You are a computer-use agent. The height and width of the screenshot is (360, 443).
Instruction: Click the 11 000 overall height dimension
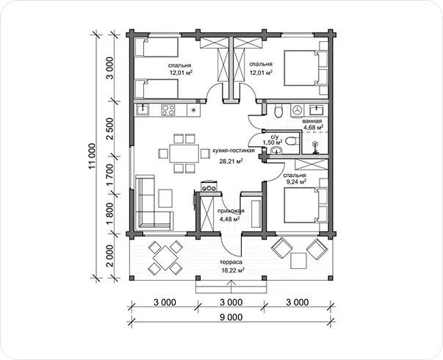[x=93, y=156]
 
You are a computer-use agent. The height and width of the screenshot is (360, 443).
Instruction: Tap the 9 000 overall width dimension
[x=231, y=317]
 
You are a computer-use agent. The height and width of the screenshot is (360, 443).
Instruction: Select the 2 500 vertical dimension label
[x=110, y=129]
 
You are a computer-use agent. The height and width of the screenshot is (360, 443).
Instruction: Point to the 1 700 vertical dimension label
[x=110, y=175]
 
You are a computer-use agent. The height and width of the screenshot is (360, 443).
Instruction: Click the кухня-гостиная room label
[x=234, y=151]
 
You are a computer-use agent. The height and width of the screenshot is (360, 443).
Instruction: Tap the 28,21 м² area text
[x=231, y=162]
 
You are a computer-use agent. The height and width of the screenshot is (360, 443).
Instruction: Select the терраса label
[x=231, y=262]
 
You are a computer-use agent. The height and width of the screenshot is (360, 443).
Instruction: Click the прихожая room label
[x=231, y=211]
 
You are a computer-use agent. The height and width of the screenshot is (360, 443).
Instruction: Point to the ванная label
[x=312, y=121]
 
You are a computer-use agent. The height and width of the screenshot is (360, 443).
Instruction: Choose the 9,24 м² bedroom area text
[x=297, y=182]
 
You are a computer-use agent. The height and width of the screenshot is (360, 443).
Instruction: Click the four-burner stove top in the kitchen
[x=168, y=110]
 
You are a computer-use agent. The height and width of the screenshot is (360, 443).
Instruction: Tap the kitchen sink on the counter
[x=143, y=109]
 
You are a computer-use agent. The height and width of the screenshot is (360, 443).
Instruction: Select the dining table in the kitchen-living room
[x=184, y=154]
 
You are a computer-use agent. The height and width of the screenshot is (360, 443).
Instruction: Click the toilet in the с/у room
[x=291, y=141]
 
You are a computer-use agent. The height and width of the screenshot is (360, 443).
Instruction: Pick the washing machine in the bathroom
[x=297, y=110]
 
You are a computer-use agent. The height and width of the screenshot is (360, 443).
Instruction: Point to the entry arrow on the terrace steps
[x=231, y=287]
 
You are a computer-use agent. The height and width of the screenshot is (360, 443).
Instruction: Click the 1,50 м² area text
[x=270, y=142]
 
